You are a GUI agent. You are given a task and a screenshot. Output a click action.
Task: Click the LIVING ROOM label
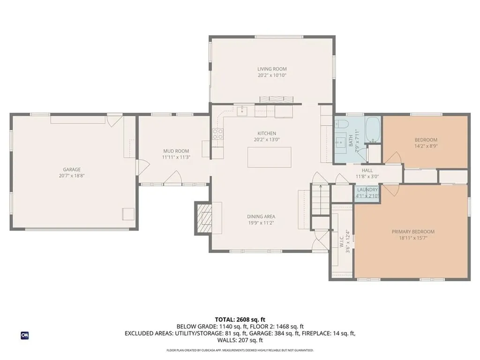[272, 69]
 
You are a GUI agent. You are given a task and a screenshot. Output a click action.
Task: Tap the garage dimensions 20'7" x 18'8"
[72, 176]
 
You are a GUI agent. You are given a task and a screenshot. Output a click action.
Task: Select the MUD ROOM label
[176, 151]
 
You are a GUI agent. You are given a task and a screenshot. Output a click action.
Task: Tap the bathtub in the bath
[373, 129]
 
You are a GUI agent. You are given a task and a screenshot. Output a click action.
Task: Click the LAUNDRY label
[367, 190]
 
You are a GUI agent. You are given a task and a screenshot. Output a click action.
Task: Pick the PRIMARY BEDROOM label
[413, 232]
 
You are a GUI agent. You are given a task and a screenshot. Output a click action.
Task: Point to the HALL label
[367, 171]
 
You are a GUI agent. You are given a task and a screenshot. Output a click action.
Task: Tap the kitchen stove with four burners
[218, 135]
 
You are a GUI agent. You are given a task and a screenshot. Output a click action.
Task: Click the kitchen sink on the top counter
[242, 111]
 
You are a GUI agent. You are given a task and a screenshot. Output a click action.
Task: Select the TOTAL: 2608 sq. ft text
[240, 320]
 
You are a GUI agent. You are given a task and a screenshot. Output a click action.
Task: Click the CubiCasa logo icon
[24, 335]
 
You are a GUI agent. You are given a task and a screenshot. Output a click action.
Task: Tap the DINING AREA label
[261, 217]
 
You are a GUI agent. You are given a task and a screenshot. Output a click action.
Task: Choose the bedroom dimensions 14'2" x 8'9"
[426, 146]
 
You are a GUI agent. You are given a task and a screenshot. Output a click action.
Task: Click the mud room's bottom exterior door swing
[174, 178]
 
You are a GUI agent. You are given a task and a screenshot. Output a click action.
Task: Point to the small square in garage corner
[128, 214]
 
